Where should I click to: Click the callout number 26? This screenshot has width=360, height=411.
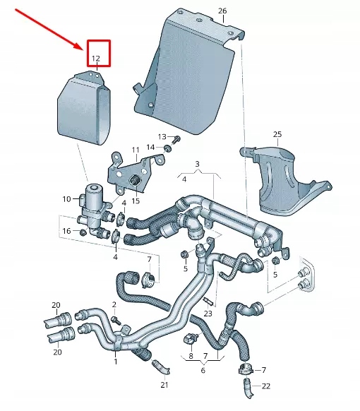(222, 11)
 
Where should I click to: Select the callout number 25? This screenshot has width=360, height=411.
(277, 134)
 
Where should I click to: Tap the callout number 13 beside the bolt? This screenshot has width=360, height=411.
(161, 136)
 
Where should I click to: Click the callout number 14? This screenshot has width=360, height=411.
(150, 147)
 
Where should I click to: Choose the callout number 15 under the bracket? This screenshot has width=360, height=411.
(135, 201)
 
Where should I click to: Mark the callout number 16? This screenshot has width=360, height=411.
(66, 231)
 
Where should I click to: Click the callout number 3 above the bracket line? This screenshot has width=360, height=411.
(198, 165)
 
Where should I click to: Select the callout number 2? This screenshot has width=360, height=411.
(114, 304)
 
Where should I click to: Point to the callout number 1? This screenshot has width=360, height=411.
(115, 361)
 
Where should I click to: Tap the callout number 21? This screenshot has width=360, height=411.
(164, 385)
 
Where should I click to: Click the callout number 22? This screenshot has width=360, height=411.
(265, 386)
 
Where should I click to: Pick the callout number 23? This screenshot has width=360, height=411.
(208, 313)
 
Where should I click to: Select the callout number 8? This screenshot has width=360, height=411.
(191, 356)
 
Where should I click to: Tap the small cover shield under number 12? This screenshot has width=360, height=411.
(83, 113)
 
